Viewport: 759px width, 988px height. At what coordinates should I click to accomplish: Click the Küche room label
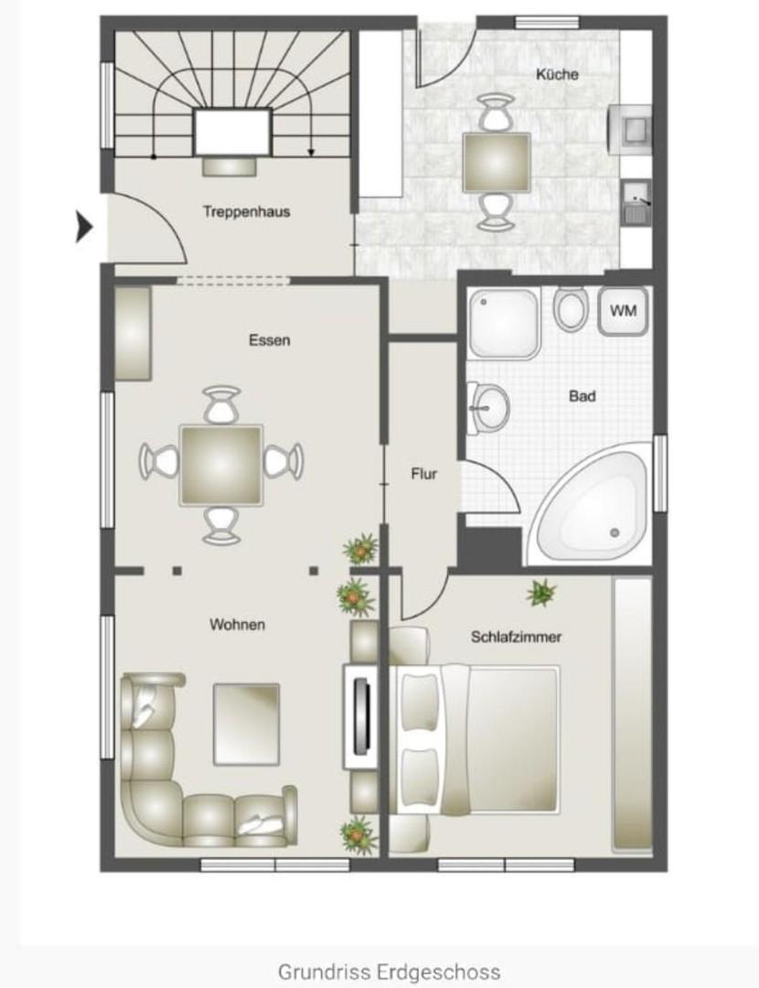tap(557, 74)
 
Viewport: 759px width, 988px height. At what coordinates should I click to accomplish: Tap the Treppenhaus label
tap(246, 211)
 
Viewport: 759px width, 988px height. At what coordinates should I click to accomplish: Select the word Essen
tap(270, 340)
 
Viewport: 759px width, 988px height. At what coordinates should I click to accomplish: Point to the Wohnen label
tap(238, 625)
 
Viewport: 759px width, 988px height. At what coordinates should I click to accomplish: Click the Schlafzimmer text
tap(516, 637)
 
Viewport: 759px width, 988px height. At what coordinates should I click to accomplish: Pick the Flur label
tap(424, 474)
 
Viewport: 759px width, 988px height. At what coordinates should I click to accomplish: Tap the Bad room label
tap(582, 396)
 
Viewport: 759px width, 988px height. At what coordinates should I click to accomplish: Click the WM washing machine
tap(623, 311)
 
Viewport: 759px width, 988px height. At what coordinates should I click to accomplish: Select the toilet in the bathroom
tap(571, 308)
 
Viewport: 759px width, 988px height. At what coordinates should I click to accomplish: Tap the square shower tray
tap(504, 323)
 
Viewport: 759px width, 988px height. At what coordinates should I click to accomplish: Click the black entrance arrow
tap(84, 227)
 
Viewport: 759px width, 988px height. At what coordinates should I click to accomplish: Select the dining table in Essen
tap(221, 465)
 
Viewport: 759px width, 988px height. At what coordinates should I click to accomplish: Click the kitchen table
tap(496, 162)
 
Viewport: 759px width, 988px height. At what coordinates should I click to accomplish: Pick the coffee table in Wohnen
tap(246, 724)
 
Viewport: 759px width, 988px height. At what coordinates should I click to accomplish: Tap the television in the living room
tap(361, 715)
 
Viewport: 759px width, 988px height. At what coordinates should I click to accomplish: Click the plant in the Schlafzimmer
tap(541, 593)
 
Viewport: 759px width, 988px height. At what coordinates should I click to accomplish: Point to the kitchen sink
tap(636, 201)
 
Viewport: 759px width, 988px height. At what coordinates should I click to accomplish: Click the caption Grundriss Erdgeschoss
tap(390, 972)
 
